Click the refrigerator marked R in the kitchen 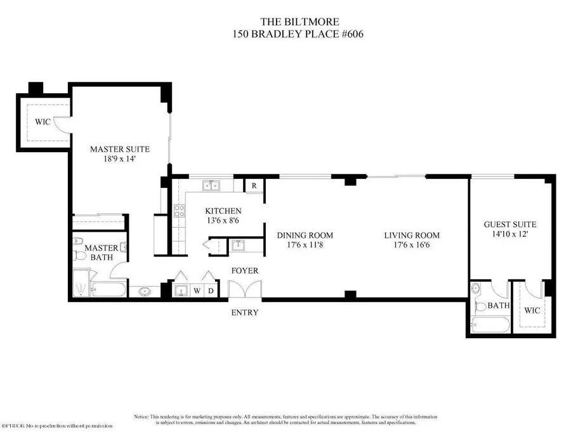click(x=254, y=186)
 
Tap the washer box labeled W click(x=197, y=291)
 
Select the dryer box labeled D click(x=211, y=291)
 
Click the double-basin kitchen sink click(x=211, y=186)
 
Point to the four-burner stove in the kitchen click(x=179, y=210)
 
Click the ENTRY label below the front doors click(x=244, y=312)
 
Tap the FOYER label click(x=244, y=271)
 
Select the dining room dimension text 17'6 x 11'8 click(x=305, y=245)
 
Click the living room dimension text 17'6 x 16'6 click(x=411, y=245)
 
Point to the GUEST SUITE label click(x=509, y=224)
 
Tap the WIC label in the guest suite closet click(x=532, y=311)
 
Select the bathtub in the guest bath click(x=490, y=327)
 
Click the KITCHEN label click(x=223, y=211)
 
